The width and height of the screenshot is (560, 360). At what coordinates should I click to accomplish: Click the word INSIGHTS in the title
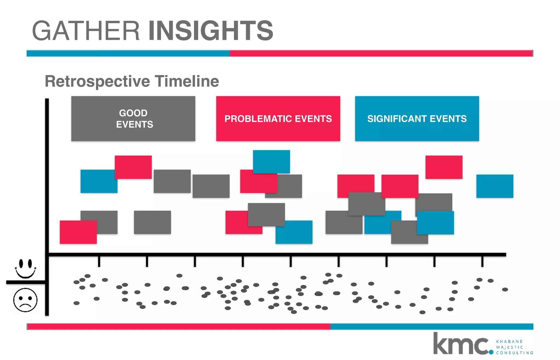tap(211, 31)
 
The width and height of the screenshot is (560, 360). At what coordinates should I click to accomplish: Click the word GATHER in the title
tap(86, 31)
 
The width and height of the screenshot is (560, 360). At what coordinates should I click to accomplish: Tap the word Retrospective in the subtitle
tap(97, 82)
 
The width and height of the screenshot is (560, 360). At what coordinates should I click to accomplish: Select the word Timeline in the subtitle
tap(187, 81)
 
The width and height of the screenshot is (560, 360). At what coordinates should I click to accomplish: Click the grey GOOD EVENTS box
tap(133, 118)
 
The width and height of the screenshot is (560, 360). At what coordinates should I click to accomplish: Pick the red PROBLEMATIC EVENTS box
tap(278, 118)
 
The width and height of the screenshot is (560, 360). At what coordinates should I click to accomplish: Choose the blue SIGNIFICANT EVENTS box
tap(417, 118)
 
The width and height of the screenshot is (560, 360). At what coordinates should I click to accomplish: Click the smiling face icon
tap(25, 268)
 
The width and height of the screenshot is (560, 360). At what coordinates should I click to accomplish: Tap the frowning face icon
tap(25, 300)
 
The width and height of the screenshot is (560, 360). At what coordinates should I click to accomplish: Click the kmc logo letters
tap(461, 344)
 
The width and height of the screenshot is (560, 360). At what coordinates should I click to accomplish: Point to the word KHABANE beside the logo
tap(509, 341)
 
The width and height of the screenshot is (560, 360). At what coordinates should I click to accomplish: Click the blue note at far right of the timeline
tap(495, 186)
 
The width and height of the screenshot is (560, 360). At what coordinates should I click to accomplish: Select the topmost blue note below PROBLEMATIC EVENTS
tap(271, 161)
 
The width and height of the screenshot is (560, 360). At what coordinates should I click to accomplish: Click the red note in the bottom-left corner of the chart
tap(78, 232)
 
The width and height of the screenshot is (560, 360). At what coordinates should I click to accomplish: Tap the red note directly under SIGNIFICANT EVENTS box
tap(444, 167)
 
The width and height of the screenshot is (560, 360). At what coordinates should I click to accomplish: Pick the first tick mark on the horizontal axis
tap(99, 261)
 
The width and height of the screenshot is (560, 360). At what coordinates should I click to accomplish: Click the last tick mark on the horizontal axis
tap(482, 261)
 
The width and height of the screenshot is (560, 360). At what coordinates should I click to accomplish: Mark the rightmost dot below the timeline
tap(505, 289)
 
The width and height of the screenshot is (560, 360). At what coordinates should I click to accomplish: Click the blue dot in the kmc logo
tap(491, 352)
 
